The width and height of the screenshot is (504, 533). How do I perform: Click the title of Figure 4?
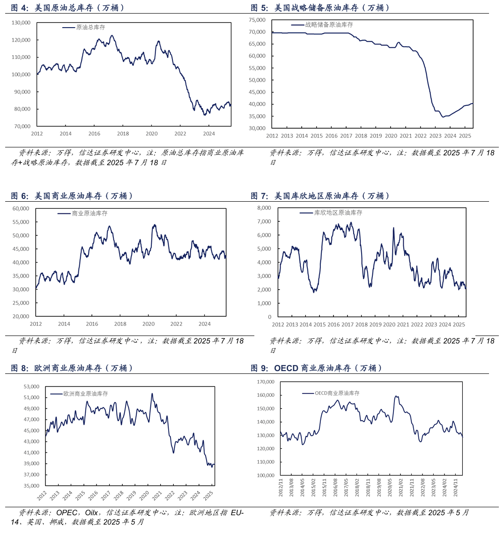[x=68, y=8]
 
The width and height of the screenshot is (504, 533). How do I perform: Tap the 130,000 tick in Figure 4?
[x=21, y=22]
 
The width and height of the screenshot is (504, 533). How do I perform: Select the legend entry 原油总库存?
[x=90, y=28]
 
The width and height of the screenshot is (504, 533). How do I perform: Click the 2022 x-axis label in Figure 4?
[x=180, y=134]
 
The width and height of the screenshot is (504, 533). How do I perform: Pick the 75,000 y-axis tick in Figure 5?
[x=257, y=20]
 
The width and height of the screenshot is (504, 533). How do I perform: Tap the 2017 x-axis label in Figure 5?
[x=346, y=136]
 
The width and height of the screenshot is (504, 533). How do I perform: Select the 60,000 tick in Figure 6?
[x=21, y=208]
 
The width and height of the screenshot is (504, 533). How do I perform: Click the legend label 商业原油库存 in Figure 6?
[x=89, y=213]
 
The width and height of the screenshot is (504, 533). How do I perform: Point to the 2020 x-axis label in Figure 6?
[x=148, y=324]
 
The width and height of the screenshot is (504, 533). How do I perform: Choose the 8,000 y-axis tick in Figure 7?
[x=264, y=207]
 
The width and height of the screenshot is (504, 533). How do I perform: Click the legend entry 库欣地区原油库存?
[x=338, y=213]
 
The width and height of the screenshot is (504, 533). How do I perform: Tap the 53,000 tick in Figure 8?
[x=31, y=387]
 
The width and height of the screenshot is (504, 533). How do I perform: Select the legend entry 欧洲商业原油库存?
[x=86, y=394]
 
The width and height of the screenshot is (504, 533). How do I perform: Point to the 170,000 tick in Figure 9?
[x=267, y=382]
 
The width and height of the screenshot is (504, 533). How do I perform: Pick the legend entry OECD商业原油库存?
[x=337, y=394]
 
